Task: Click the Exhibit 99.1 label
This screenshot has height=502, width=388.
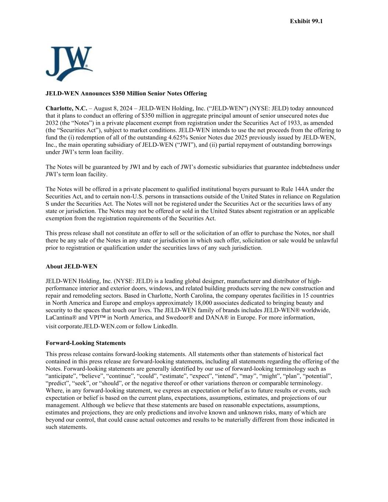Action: [x=306, y=21]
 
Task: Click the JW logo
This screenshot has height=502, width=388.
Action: [x=69, y=63]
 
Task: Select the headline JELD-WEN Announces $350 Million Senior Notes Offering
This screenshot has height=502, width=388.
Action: [x=126, y=93]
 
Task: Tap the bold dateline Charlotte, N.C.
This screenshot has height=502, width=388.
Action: [x=66, y=108]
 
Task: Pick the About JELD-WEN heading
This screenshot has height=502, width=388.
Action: [x=71, y=266]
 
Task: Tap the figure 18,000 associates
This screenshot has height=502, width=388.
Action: [x=211, y=303]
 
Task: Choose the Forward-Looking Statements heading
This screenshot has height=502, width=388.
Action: [x=86, y=343]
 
